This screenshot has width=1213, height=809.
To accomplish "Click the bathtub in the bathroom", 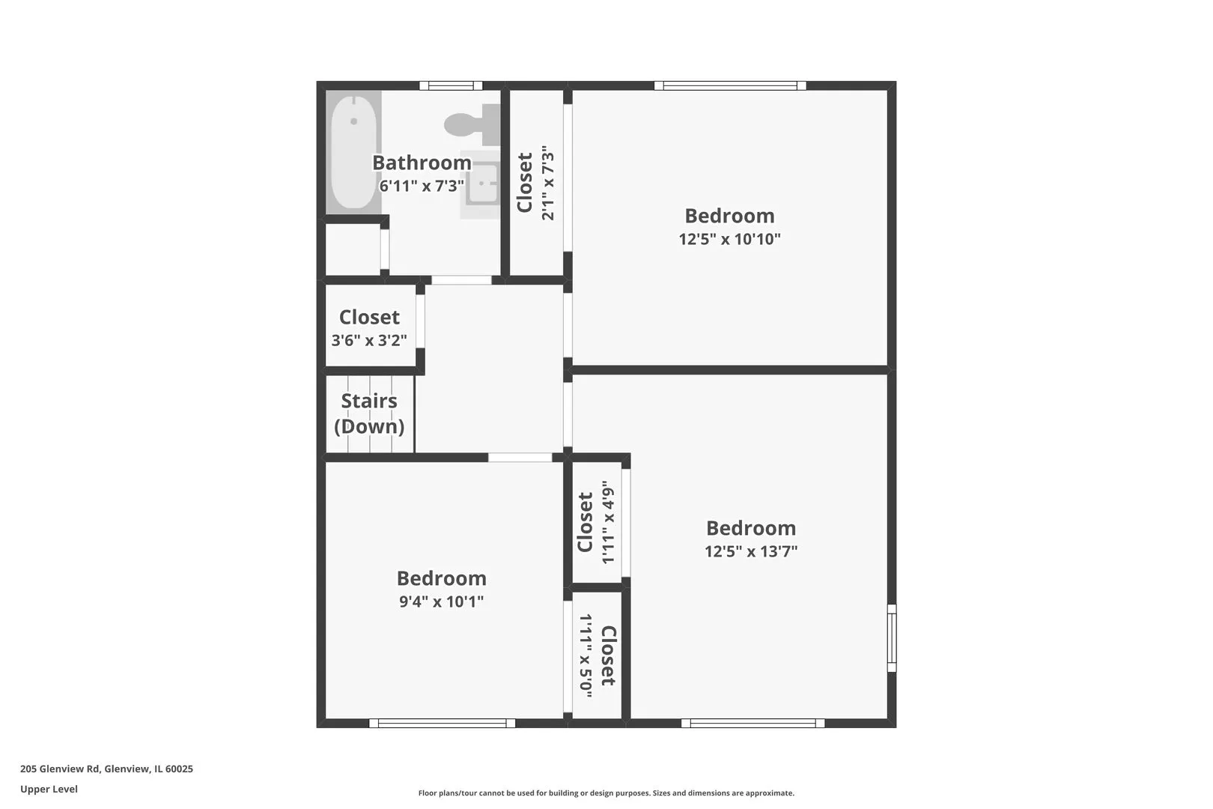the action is tap(353, 152).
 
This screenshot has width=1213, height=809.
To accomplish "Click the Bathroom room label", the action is tap(422, 163).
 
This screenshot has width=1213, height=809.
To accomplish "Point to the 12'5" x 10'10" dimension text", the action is tap(729, 239).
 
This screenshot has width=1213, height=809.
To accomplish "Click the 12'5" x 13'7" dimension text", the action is tap(750, 551).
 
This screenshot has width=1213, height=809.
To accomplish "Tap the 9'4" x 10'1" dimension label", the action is tap(441, 602).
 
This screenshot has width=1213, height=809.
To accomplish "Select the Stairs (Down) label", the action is tap(369, 413).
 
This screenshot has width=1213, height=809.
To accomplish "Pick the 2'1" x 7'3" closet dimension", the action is tap(548, 183).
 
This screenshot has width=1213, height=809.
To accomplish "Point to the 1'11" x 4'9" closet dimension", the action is tap(609, 522).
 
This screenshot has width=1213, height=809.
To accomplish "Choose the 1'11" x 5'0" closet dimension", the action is tap(586, 655).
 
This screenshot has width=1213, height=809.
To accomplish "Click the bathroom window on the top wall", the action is tap(451, 85).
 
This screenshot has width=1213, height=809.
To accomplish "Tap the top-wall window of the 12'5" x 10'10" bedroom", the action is tap(730, 85).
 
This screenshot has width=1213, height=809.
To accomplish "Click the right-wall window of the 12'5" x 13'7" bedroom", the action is tap(891, 638).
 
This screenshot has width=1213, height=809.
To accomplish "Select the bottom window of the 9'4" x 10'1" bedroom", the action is tap(442, 723).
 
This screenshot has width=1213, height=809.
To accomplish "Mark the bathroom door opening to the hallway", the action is tap(461, 280).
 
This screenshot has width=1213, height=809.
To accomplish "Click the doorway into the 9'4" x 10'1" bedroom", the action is tap(520, 458).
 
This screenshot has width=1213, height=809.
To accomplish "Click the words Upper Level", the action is tap(49, 789).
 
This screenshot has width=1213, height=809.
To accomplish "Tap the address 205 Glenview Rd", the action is tap(60, 769).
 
